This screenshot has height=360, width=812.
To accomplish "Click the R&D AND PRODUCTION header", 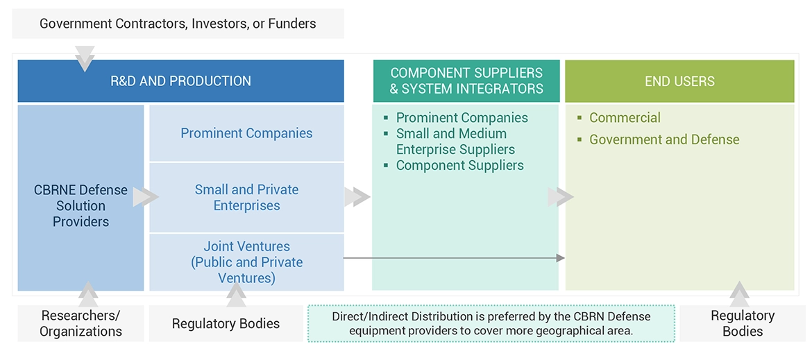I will [x=180, y=81].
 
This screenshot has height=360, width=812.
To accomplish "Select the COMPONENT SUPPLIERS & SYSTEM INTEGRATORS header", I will [x=466, y=81].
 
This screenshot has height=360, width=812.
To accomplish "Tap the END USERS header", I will [x=679, y=81].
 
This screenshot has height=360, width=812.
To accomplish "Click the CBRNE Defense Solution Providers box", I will [x=81, y=205].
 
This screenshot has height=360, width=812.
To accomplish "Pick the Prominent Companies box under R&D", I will [x=246, y=133].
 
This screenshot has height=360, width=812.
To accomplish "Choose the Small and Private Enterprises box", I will [x=246, y=198].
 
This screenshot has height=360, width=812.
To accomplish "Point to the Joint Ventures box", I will [x=246, y=262].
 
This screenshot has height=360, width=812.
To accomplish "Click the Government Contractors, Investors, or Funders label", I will [x=178, y=24].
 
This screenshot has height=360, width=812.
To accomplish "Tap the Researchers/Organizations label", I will [x=81, y=323].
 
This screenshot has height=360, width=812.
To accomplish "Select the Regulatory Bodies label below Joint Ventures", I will [x=226, y=323].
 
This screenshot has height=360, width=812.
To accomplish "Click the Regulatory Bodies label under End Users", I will [x=743, y=323].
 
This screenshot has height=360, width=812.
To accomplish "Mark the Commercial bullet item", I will [x=625, y=118].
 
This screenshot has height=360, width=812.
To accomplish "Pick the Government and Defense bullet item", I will [x=664, y=139].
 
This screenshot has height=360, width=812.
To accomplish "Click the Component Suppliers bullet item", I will [x=459, y=165].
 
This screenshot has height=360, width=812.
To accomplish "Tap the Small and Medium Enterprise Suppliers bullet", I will [x=455, y=142].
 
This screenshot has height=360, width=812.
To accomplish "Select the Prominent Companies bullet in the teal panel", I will [x=462, y=118].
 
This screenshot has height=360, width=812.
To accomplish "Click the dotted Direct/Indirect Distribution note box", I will [x=491, y=323].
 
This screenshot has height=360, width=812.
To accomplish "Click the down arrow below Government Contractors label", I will [x=85, y=58].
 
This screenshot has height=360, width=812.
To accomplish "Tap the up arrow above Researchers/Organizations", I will [x=88, y=293].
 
